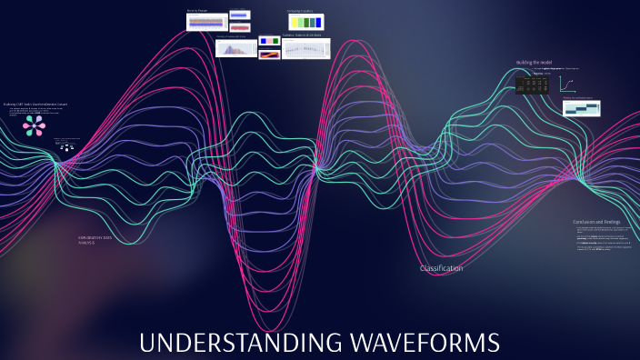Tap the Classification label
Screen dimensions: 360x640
pyautogui.click(x=441, y=268)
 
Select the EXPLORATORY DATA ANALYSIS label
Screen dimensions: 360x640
pyautogui.click(x=95, y=240)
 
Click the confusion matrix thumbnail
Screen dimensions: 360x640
pyautogui.click(x=581, y=108)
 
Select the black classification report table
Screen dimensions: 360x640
pyautogui.click(x=531, y=85)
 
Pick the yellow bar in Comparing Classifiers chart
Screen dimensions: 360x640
pyautogui.click(x=295, y=22)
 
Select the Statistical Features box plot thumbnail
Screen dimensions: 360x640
pyautogui.click(x=305, y=48)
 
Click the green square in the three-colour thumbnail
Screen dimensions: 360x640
pyautogui.click(x=269, y=41)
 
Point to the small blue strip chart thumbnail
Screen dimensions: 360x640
pyautogui.click(x=239, y=15)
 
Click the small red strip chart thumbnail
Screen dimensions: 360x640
pyautogui.click(x=239, y=26)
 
